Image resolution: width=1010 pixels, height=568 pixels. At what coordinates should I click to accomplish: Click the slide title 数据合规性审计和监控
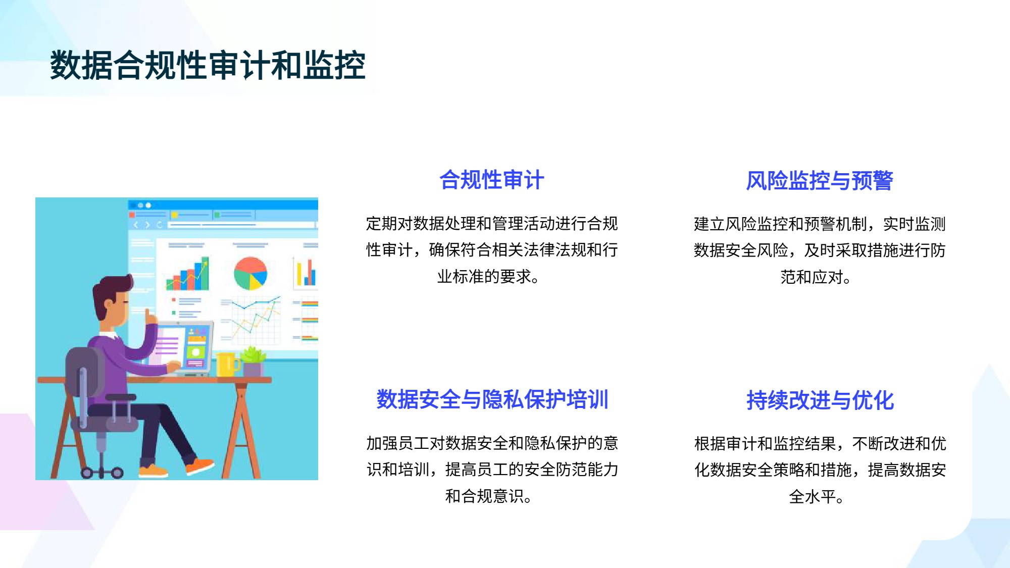(208, 65)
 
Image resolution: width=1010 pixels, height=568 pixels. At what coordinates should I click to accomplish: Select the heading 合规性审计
(492, 180)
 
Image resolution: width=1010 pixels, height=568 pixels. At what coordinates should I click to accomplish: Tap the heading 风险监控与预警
(820, 181)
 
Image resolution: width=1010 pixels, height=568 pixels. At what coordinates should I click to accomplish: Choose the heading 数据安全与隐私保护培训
(492, 399)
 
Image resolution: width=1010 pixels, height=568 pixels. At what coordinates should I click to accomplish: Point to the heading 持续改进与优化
(820, 400)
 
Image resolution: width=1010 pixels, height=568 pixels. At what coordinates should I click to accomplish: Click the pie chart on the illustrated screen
(250, 273)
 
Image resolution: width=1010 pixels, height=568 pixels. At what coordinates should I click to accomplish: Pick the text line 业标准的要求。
(489, 277)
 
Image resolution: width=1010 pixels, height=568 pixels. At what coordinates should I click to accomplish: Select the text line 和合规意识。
(489, 496)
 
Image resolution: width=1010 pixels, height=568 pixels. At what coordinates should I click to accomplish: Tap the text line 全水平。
(817, 497)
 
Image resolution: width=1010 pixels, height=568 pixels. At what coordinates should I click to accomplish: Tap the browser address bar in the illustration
(241, 225)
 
